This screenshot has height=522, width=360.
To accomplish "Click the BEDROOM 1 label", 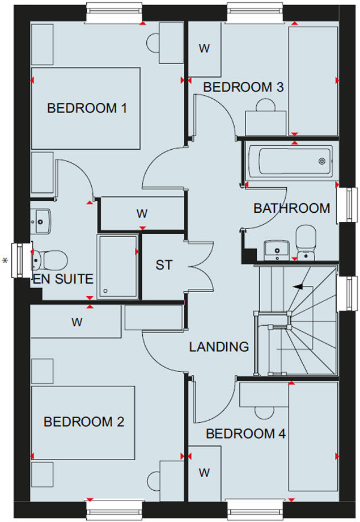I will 86,108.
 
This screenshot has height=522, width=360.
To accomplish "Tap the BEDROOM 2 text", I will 84,422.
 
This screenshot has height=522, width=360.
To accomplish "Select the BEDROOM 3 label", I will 243,87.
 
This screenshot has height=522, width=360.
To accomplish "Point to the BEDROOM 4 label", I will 245,434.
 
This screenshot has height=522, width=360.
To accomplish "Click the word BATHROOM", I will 291,208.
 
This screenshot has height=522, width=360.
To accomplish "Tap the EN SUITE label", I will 63,279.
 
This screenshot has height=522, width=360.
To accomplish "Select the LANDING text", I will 219,346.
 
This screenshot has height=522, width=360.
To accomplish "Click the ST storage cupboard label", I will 164,264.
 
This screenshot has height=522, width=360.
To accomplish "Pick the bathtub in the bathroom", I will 290,161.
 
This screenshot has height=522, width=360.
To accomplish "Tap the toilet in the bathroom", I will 306,242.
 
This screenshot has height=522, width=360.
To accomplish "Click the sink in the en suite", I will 41,219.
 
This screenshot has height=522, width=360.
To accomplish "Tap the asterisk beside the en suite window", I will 6,261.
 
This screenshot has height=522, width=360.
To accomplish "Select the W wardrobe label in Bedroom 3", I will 204,49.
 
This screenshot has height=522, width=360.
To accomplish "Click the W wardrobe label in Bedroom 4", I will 204,472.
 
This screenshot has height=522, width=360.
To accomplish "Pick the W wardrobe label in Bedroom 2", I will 77,322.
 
